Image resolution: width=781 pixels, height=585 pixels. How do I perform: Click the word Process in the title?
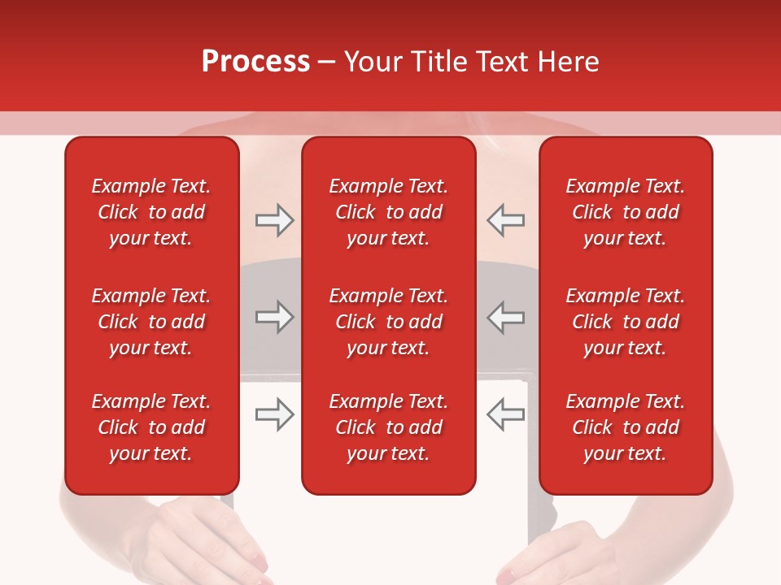[255, 62]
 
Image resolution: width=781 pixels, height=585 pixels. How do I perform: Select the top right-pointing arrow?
[274, 220]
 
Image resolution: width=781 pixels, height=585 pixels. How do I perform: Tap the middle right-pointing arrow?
[274, 317]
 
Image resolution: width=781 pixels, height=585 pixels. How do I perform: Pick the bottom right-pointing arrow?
[274, 414]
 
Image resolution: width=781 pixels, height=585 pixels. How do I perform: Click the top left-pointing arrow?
[505, 220]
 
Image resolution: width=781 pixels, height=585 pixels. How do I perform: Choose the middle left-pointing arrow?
[505, 317]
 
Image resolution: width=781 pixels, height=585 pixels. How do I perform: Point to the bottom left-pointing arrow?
[505, 414]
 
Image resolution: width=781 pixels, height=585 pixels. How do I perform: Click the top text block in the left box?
[151, 212]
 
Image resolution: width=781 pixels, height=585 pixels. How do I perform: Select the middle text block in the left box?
[151, 322]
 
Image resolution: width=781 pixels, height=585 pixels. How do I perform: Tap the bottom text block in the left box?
[151, 427]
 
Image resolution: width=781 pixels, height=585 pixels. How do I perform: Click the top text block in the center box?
[388, 212]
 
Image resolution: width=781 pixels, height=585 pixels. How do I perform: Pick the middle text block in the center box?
[388, 322]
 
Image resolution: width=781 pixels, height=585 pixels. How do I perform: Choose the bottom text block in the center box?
[388, 427]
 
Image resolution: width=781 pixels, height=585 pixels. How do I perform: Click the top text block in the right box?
[625, 212]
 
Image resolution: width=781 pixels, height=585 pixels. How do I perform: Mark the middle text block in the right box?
[625, 322]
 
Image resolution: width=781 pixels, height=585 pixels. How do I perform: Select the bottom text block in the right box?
[625, 427]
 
